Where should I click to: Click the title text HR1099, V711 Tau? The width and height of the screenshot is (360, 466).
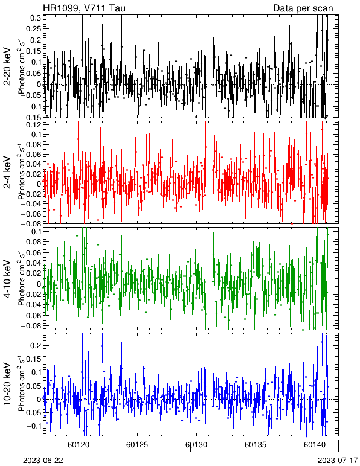(84, 8)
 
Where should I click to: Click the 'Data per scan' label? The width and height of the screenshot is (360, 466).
(303, 8)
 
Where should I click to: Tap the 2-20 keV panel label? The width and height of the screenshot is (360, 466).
(7, 66)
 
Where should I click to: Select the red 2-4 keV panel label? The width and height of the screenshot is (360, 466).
(7, 173)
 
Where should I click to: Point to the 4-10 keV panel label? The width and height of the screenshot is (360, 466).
(7, 278)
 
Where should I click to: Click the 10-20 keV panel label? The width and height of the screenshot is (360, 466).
(7, 384)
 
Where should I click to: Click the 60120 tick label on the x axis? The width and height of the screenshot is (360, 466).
(79, 445)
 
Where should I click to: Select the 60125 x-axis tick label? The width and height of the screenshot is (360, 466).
(137, 445)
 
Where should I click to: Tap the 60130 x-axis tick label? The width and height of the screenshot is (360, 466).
(196, 445)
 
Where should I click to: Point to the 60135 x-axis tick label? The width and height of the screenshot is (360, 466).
(256, 445)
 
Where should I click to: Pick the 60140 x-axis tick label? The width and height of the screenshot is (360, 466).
(314, 445)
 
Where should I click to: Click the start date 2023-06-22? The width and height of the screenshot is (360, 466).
(43, 461)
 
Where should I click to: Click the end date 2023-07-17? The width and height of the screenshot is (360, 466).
(338, 461)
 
